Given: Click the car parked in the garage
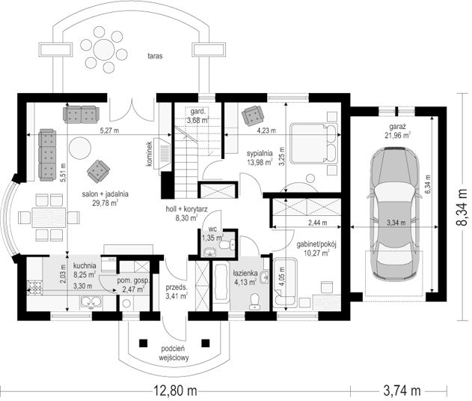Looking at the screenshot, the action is click(x=395, y=212).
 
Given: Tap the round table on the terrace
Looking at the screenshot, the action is click(x=104, y=49).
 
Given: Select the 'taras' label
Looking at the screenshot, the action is click(x=155, y=56).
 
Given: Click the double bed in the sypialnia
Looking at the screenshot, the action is click(x=313, y=144).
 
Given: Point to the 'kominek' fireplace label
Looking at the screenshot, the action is click(x=149, y=154).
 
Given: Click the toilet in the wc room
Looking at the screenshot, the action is click(x=228, y=244).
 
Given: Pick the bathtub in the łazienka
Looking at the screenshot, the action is click(x=221, y=282).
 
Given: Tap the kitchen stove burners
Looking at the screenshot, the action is click(x=34, y=288).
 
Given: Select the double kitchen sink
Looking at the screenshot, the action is click(x=91, y=301).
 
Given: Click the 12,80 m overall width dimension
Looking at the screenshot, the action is click(x=176, y=391).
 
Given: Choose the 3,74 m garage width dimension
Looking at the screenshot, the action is click(x=402, y=391).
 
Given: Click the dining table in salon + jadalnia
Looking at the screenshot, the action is click(x=49, y=217).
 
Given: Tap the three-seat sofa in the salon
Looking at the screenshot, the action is click(x=47, y=155).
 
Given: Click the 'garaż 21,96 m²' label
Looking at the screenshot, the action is click(x=398, y=130).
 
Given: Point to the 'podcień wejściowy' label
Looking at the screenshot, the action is click(x=174, y=353).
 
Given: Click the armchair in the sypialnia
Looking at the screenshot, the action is click(x=253, y=115).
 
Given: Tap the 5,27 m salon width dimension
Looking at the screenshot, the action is click(x=109, y=130).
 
